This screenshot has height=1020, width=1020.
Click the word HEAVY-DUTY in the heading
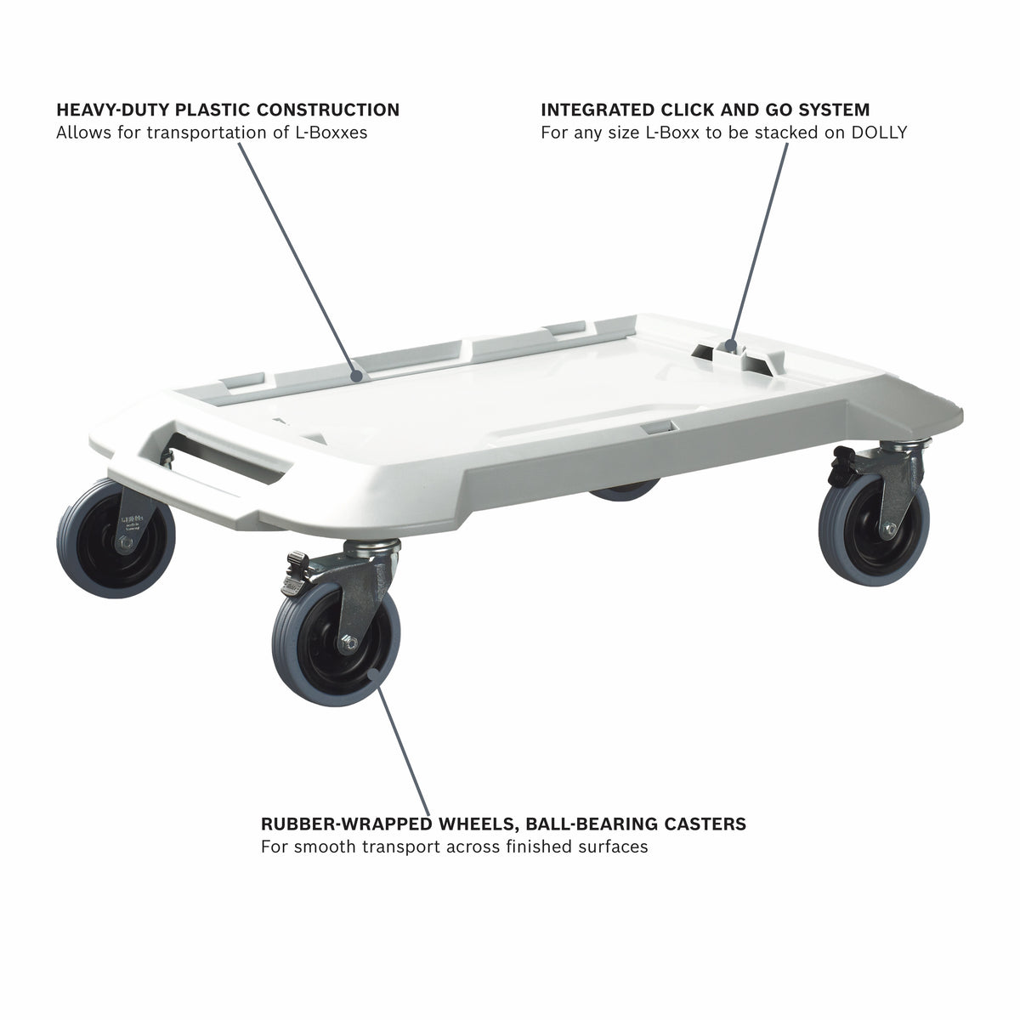[113, 110]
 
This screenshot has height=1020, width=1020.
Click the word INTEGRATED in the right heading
[597, 110]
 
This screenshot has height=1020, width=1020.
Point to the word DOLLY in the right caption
[879, 133]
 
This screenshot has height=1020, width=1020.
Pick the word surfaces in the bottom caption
[613, 847]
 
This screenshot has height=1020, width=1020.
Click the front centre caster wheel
[336, 644]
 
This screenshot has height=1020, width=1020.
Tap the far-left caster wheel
[116, 538]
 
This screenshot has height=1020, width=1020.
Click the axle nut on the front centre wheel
[348, 643]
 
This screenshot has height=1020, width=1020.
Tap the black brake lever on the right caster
[840, 467]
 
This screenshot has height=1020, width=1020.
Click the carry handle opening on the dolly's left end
[228, 456]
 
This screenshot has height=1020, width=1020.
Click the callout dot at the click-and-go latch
[729, 346]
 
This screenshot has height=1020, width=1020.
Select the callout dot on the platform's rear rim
[357, 376]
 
